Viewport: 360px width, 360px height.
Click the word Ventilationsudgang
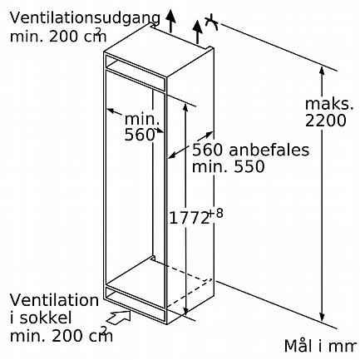[x=85, y=19]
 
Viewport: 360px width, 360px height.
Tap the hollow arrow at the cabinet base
[x=119, y=318]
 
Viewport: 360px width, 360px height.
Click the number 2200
[x=326, y=121]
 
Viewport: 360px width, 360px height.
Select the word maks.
[x=329, y=104]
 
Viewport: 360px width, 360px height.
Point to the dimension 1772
[x=189, y=218]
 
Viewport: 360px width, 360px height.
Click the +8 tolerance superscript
[x=215, y=213]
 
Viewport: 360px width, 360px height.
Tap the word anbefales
[x=269, y=150]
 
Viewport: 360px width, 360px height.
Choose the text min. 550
[x=229, y=166]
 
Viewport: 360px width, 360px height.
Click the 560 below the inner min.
[x=139, y=135]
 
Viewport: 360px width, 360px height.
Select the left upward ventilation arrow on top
[x=171, y=21]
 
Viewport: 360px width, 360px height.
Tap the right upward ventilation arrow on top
[x=197, y=32]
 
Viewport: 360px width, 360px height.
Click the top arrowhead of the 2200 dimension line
[x=322, y=71]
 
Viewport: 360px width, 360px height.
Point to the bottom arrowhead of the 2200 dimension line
[x=322, y=317]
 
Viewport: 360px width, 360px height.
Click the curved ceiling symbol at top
[x=212, y=22]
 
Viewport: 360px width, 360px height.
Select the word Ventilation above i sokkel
[x=54, y=300]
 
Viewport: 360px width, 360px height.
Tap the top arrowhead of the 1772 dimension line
[x=185, y=108]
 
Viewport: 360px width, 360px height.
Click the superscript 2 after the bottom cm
[x=104, y=330]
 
